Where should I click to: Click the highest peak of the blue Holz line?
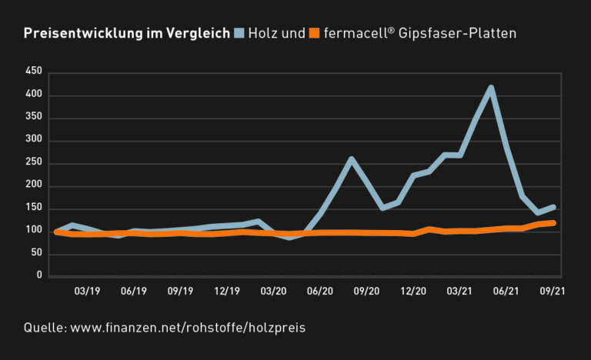click(x=491, y=88)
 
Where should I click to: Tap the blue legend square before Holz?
click(x=240, y=33)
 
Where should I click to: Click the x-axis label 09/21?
click(x=553, y=292)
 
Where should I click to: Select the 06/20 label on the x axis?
click(x=320, y=292)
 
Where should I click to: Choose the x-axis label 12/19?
click(x=227, y=292)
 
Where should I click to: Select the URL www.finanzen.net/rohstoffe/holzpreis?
click(x=188, y=328)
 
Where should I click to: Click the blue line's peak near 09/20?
click(x=351, y=159)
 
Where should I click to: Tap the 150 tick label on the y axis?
click(x=33, y=208)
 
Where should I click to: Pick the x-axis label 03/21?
click(x=459, y=292)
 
